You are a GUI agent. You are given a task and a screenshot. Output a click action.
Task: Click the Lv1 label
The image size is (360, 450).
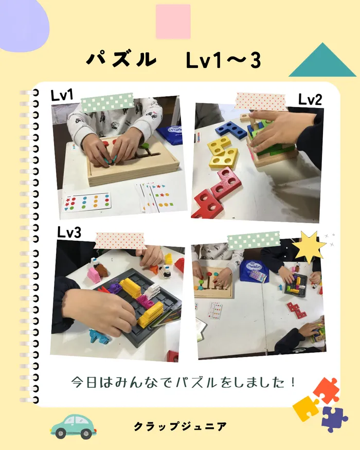pos(62,95)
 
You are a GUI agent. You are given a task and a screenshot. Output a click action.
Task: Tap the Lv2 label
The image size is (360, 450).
pos(310,100)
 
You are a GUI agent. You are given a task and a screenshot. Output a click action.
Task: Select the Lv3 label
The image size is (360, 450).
pos(69,232)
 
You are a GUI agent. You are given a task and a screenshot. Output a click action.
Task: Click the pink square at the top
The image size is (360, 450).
pos(173,22)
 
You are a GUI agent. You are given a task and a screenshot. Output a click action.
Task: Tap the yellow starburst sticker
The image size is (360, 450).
pos(309,246)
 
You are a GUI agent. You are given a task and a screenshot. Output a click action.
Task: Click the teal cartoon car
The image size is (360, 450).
pos(74,426)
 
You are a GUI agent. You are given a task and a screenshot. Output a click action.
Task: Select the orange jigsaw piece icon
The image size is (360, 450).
pos(327,390)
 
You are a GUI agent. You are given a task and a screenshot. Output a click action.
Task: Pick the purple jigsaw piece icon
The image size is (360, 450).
pos(335,419)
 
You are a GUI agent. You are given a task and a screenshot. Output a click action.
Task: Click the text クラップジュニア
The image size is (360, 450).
pos(181,426)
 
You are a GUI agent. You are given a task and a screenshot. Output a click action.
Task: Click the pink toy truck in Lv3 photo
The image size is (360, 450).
pos(94,275)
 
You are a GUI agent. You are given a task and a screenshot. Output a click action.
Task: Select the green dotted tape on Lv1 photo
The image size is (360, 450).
pos(107,102)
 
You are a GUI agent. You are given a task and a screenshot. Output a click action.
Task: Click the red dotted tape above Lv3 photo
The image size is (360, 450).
pos(120,241)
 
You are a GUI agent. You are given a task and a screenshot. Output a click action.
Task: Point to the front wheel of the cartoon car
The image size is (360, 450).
pos(61,433)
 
